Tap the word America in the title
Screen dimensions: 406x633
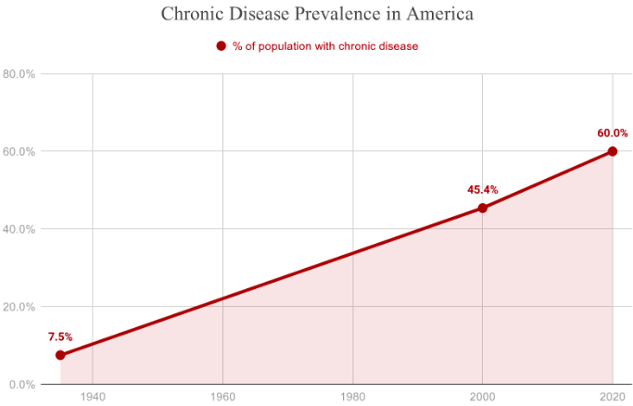[438, 15]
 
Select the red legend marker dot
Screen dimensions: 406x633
[221, 46]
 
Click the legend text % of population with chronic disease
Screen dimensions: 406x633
[325, 46]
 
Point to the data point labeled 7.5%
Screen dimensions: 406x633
[60, 355]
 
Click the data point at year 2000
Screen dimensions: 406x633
[482, 208]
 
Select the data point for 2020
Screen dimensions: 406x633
[612, 151]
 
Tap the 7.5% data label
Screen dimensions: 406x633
[60, 336]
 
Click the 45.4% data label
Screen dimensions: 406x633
[482, 189]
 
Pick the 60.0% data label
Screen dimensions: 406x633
[612, 133]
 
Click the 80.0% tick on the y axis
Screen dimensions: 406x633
[19, 74]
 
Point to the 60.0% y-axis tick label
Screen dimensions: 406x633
[19, 151]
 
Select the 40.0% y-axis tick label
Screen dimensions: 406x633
[19, 229]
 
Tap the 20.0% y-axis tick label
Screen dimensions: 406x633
[19, 307]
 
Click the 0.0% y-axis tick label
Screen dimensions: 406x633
[22, 384]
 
